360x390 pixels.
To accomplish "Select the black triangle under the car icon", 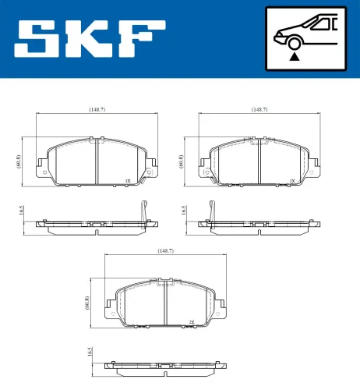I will tap(293, 56).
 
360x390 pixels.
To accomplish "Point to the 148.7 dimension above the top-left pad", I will tap(97, 110).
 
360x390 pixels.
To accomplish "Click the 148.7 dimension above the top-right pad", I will tap(259, 110).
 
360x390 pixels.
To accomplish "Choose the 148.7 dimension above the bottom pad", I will tap(165, 250).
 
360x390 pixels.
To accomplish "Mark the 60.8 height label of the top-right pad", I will tap(182, 161).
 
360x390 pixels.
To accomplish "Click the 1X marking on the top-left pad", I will tap(127, 180).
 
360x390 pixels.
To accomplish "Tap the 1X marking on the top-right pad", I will tap(291, 180).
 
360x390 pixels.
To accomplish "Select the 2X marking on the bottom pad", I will tap(191, 321).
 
